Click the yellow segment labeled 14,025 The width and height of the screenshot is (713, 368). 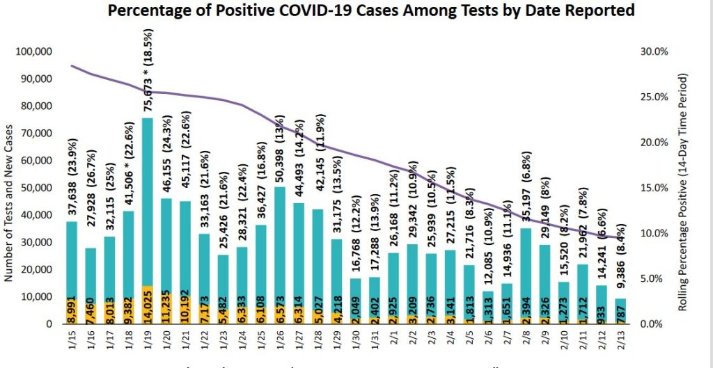[147, 305]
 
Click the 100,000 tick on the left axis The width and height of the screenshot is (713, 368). [35, 52]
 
